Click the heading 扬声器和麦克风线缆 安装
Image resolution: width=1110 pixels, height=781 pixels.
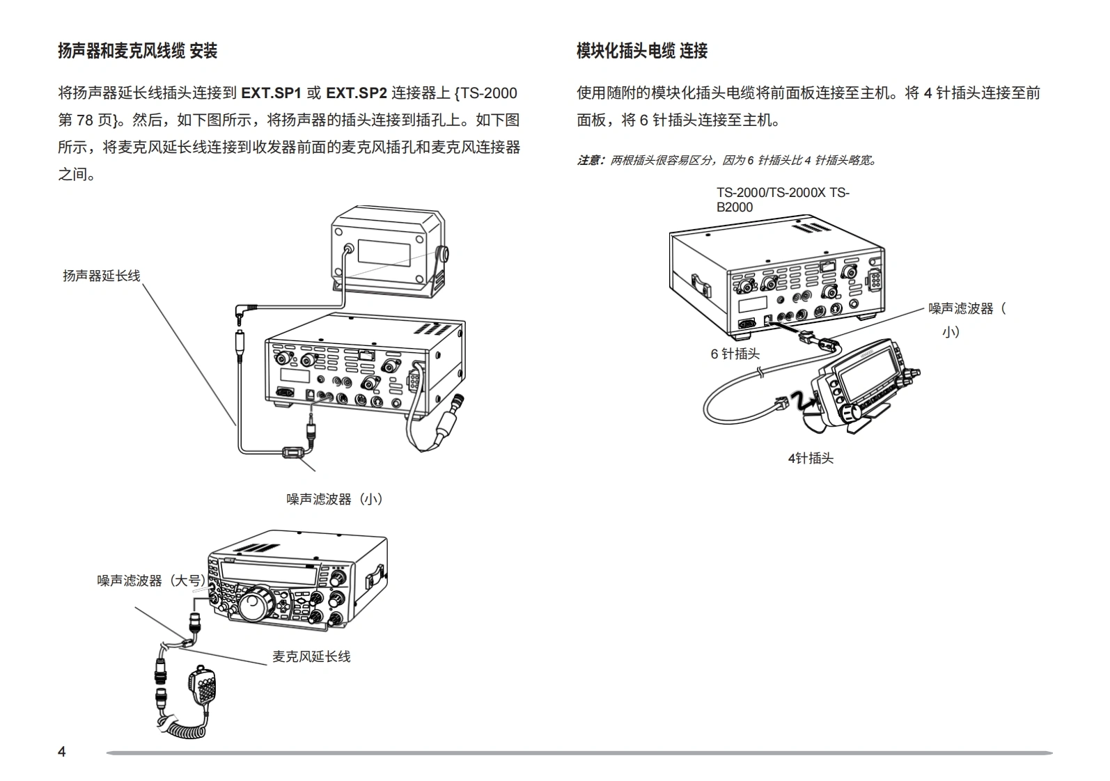point(137,51)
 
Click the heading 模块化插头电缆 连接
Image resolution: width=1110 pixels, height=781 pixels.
point(641,51)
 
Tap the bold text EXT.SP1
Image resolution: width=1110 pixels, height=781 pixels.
point(270,93)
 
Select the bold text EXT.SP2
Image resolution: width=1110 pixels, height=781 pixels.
point(356,93)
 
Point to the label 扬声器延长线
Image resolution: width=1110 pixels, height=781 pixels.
point(102,276)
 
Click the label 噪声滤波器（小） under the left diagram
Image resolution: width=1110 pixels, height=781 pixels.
point(335,499)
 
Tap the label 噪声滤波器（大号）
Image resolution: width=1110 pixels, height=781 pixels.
point(152,581)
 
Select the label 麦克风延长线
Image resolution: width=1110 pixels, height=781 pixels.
point(311,656)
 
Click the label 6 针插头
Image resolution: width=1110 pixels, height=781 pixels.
point(735,354)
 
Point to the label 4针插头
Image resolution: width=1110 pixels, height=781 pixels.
point(811,458)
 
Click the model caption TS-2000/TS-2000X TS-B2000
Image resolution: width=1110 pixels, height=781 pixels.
point(782,200)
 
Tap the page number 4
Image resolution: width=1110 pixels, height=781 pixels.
point(62,752)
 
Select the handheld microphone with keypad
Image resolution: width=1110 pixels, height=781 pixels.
point(203,686)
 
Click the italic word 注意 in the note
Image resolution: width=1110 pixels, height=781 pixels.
point(590,161)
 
